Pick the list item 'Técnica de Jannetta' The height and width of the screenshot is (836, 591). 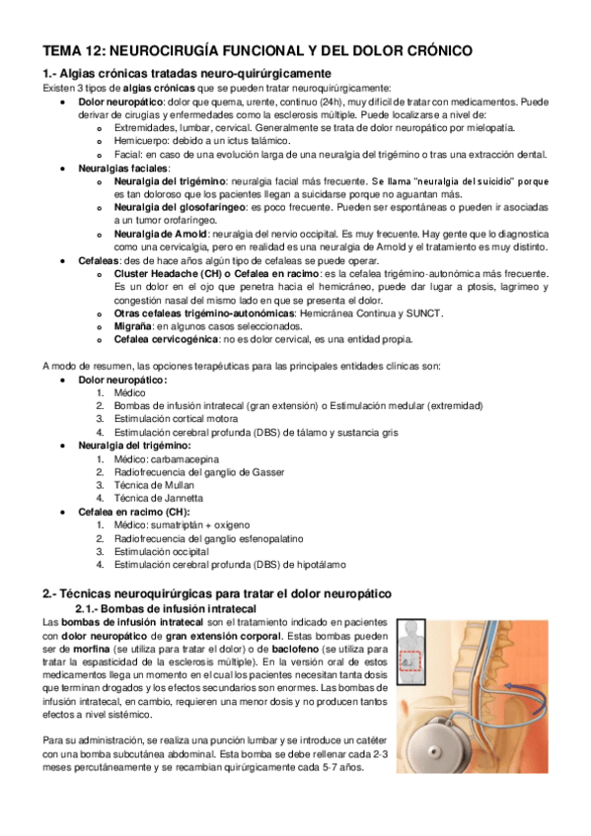[x=159, y=498]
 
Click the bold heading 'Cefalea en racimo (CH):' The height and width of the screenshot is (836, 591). [x=135, y=513]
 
